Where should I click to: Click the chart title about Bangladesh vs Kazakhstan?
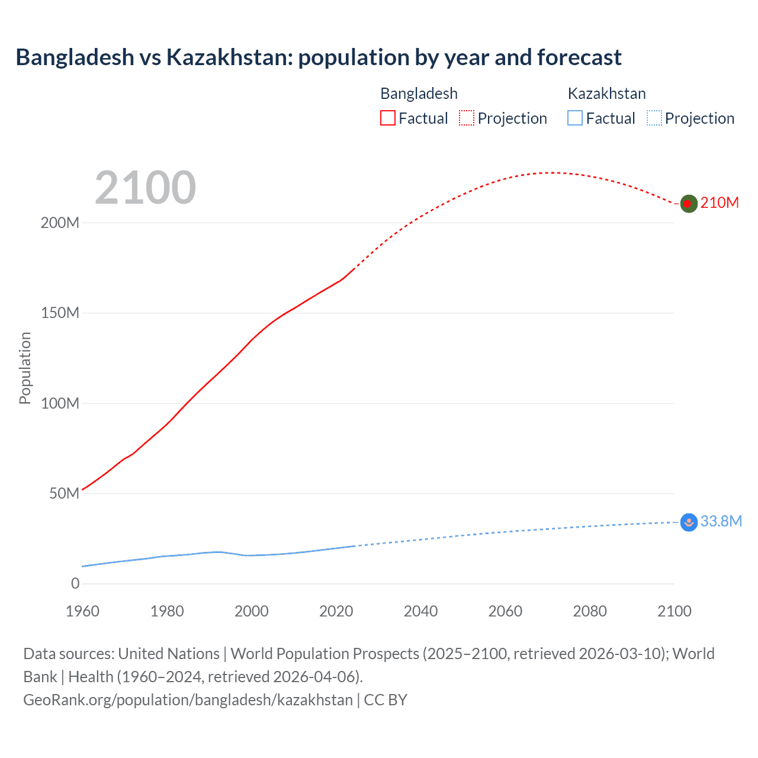click(319, 57)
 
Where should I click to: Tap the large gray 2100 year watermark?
click(145, 188)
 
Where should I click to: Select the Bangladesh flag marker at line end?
click(688, 204)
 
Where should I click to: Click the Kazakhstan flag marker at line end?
click(688, 522)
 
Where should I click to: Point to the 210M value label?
click(720, 203)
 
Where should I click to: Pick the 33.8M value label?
click(721, 521)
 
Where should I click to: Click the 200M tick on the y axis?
click(60, 223)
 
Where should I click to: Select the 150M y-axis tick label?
click(60, 313)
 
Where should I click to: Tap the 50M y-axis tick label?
click(64, 494)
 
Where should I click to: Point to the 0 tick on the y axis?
click(75, 584)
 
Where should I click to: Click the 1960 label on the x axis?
click(82, 611)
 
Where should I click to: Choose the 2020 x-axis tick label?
click(336, 611)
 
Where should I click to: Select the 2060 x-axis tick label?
click(505, 611)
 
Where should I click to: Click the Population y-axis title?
click(25, 368)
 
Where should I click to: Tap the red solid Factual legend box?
click(387, 118)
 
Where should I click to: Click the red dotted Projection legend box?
click(467, 118)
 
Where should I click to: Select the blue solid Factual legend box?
click(574, 118)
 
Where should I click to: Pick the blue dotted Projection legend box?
click(654, 118)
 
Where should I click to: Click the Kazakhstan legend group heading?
click(606, 94)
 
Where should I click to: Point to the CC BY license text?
click(386, 700)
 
